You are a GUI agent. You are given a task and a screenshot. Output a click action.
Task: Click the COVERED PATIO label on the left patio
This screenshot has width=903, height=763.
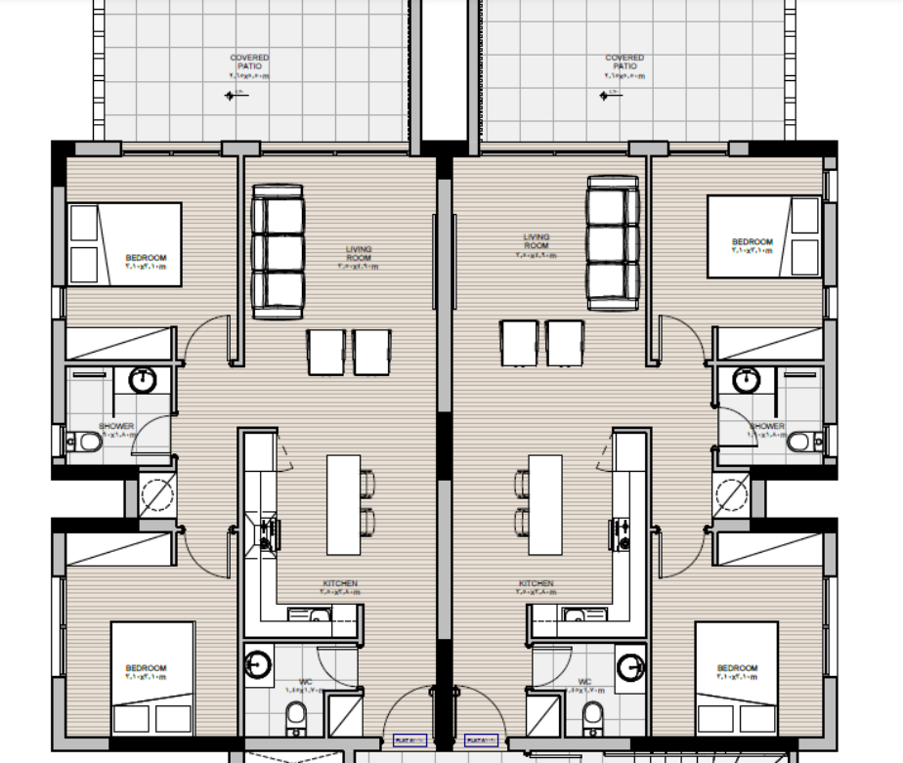(x=249, y=63)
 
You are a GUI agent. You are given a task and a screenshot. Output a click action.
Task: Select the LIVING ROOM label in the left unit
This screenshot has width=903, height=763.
(x=358, y=254)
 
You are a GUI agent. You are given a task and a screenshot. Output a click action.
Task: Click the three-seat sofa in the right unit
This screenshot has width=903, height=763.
(x=613, y=242)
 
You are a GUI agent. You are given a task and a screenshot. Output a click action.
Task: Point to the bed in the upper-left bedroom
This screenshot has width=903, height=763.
(x=124, y=244)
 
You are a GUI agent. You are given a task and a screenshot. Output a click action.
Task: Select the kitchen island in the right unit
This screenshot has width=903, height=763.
(x=545, y=504)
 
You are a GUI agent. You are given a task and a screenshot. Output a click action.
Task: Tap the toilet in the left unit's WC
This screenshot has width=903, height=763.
(x=297, y=720)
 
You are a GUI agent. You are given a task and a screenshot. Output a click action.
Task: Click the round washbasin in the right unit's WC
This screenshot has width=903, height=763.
(x=630, y=666)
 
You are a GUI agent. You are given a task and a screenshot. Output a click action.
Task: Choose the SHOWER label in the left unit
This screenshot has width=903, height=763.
(x=116, y=427)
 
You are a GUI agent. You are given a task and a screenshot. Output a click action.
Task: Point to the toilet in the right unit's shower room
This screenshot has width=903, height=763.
(x=800, y=443)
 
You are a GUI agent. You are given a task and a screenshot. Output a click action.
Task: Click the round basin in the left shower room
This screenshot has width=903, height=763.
(x=144, y=379)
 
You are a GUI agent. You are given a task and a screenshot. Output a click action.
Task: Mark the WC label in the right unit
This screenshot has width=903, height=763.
(x=584, y=683)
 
